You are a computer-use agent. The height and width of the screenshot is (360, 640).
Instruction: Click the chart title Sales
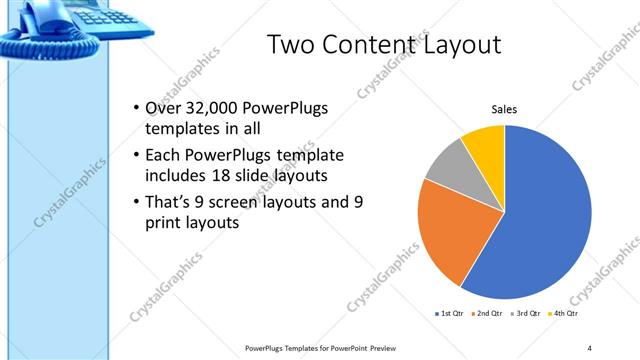[503, 110]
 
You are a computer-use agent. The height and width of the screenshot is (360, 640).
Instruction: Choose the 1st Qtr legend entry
[449, 314]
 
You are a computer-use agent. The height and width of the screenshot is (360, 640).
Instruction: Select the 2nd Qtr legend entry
[487, 314]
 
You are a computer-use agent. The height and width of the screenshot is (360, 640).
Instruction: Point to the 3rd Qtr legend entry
[526, 314]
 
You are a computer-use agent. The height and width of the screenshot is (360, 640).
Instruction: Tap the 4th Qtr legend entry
[565, 314]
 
